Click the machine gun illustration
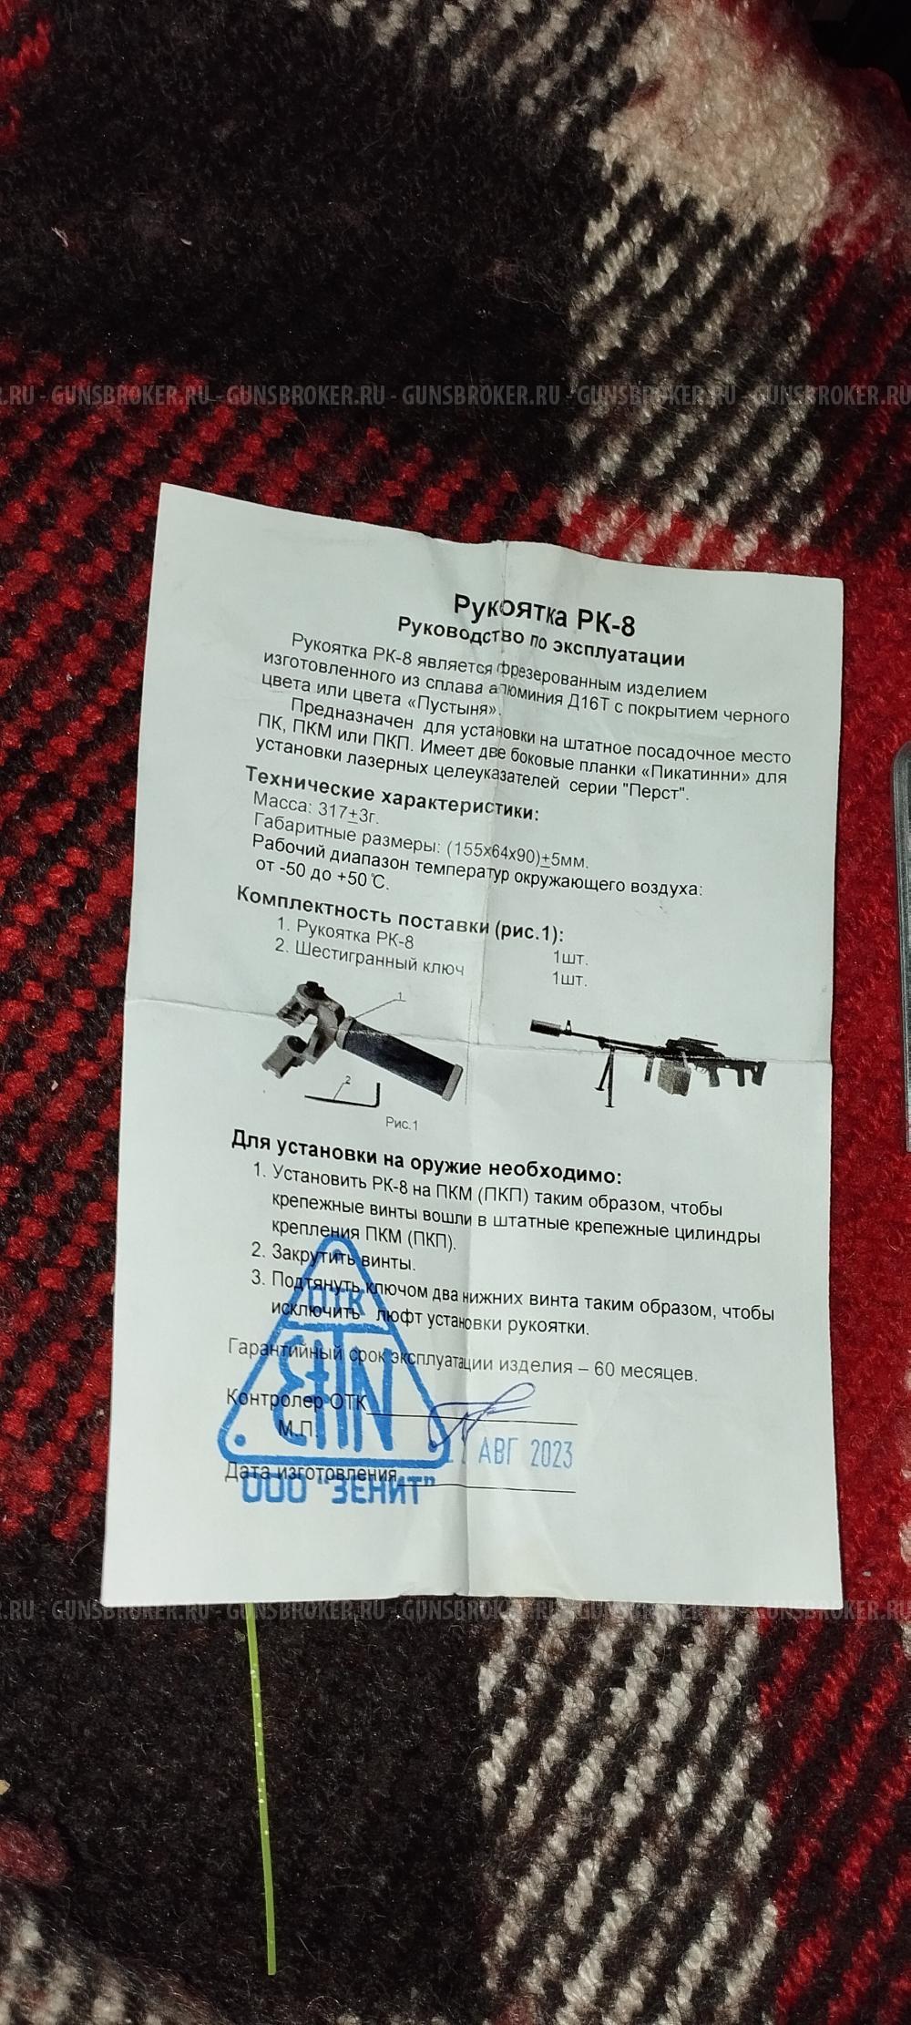tap(647, 1057)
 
